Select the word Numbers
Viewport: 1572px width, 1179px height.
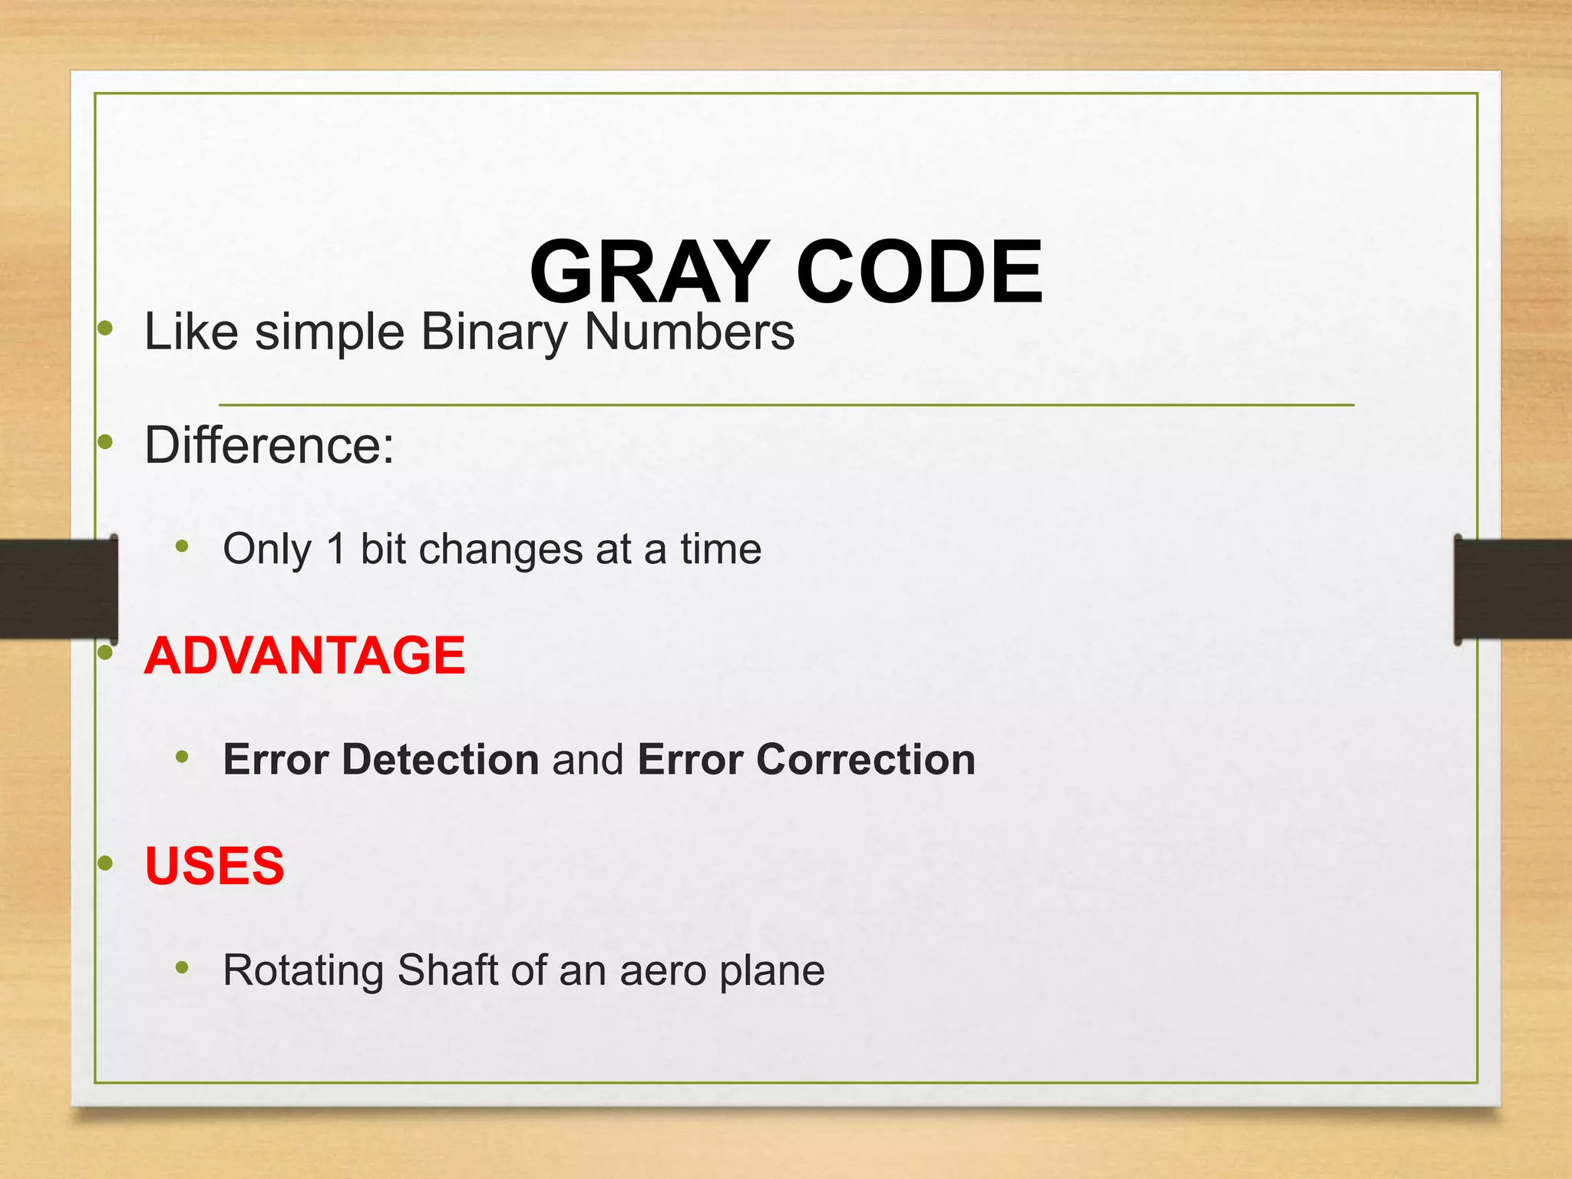pyautogui.click(x=689, y=332)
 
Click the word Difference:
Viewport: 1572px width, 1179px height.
pyautogui.click(x=269, y=445)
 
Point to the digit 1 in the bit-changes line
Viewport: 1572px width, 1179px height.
pyautogui.click(x=336, y=549)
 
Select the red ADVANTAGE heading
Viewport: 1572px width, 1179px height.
pyautogui.click(x=305, y=656)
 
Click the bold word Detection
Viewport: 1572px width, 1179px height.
pyautogui.click(x=441, y=759)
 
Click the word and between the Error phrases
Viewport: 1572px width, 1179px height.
pyautogui.click(x=588, y=759)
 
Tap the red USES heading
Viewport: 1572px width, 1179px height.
pyautogui.click(x=214, y=866)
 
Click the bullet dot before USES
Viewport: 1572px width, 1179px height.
pyautogui.click(x=106, y=863)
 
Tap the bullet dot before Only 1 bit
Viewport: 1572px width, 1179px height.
pyautogui.click(x=182, y=547)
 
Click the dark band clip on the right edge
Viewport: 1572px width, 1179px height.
pyautogui.click(x=1512, y=589)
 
